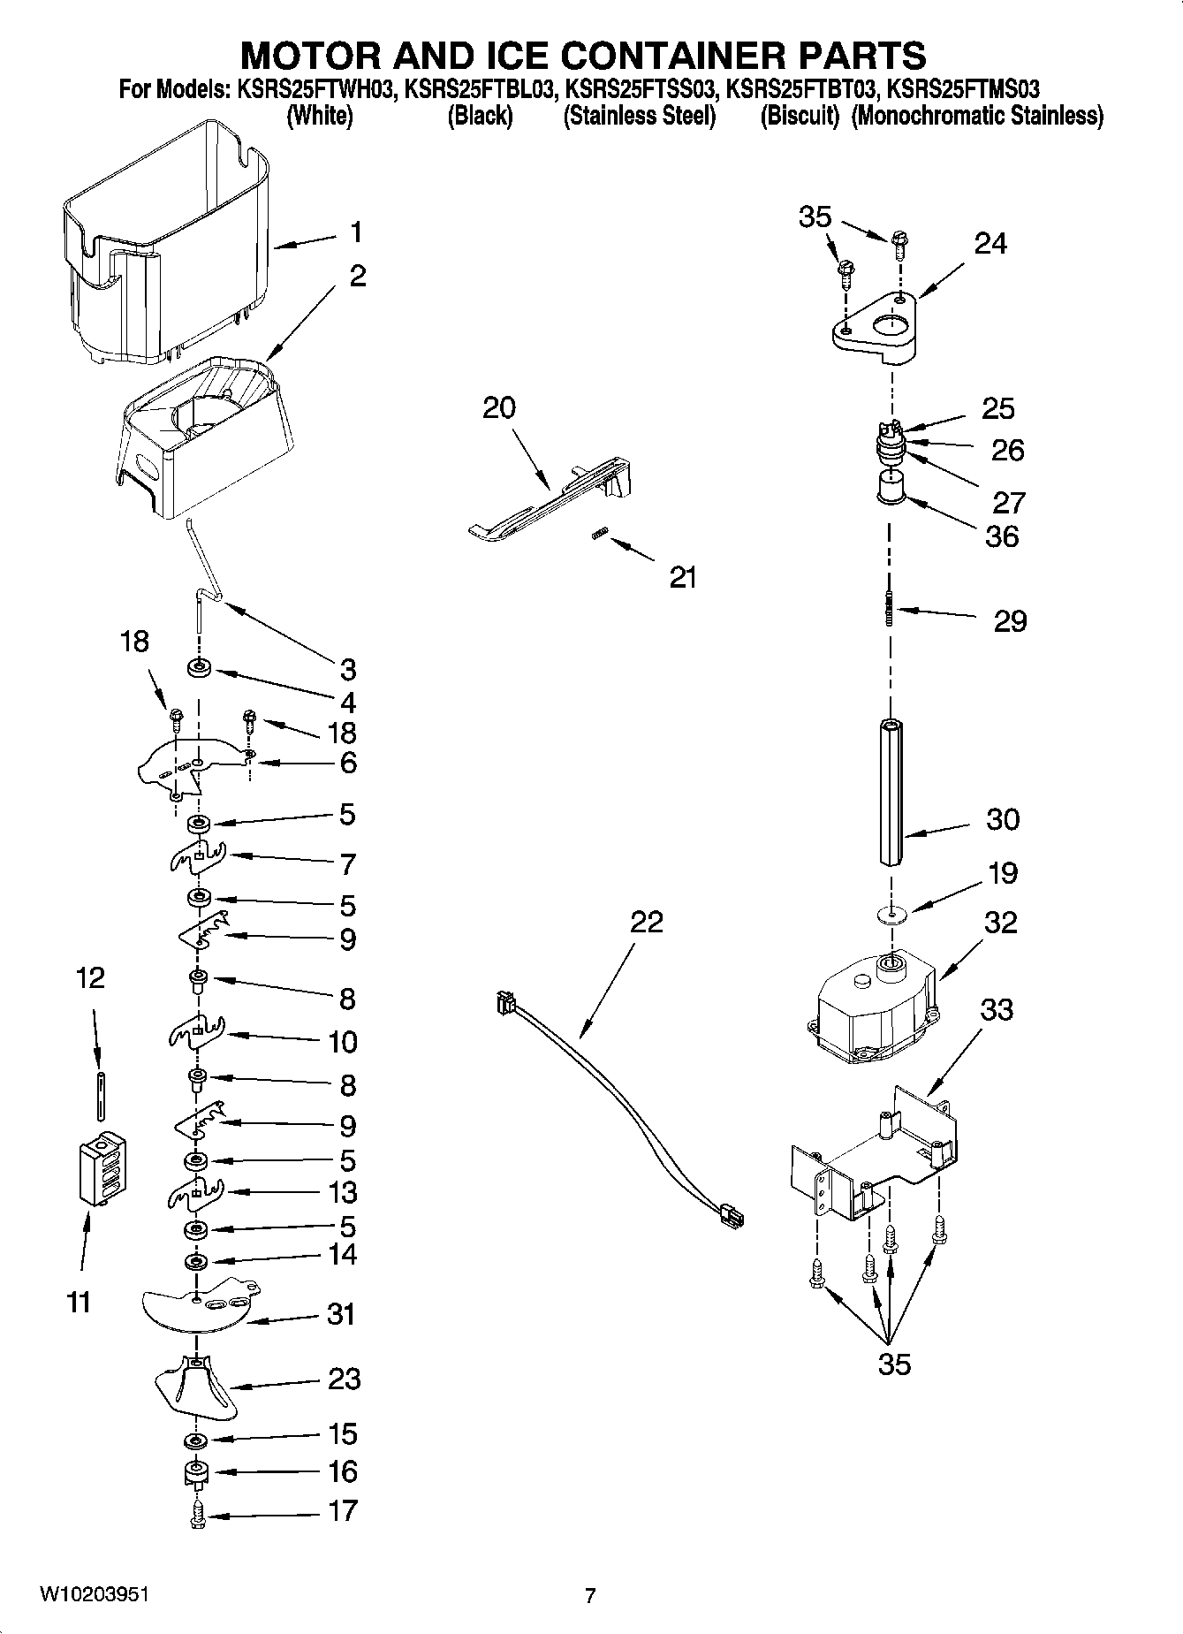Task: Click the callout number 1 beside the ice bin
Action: [x=355, y=232]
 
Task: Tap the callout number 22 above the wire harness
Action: [x=646, y=922]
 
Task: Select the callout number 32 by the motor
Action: [x=1000, y=923]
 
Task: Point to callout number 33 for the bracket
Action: [x=997, y=1009]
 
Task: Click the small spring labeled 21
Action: [x=600, y=534]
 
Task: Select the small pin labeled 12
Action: [x=102, y=1096]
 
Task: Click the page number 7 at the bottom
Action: [x=590, y=1596]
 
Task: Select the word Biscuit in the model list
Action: [x=799, y=116]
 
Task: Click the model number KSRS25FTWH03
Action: [x=313, y=89]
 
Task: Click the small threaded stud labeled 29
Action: [x=890, y=607]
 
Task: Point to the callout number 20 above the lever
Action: [x=499, y=407]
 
